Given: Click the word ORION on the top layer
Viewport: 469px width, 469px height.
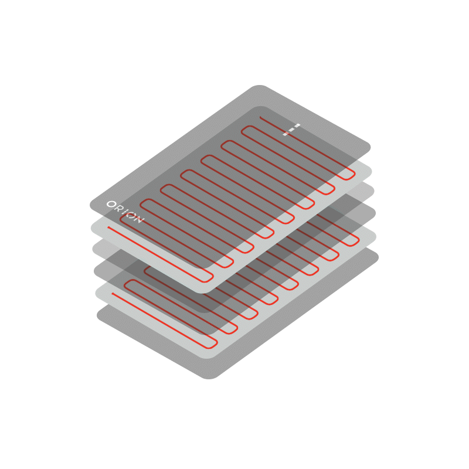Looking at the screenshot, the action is (125, 212).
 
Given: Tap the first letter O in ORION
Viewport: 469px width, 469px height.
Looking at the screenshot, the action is (111, 204).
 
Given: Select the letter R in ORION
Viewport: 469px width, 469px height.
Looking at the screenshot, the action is (118, 208).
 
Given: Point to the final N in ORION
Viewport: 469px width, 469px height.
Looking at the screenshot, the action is (140, 220).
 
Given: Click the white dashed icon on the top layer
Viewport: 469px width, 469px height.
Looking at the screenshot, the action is (291, 129).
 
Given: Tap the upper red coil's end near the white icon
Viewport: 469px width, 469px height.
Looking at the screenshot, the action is (260, 117).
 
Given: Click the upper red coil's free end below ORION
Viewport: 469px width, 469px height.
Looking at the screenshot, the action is (108, 227).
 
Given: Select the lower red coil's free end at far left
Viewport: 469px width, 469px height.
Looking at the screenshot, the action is (113, 294).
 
